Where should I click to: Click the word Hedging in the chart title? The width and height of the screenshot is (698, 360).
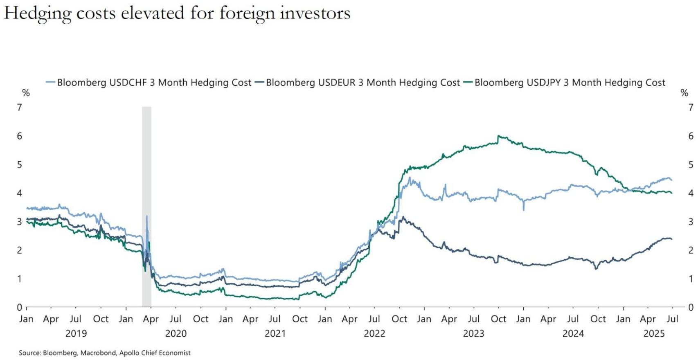38,13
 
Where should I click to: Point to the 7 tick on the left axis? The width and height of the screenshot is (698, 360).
19,108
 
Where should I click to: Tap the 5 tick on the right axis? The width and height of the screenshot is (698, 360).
691,164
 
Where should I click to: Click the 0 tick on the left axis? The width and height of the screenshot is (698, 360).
19,307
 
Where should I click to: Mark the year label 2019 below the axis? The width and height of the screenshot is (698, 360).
76,334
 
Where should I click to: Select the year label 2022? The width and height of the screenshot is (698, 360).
374,334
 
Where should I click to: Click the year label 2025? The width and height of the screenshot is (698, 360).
654,334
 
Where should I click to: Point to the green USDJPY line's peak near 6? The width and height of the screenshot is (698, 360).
498,136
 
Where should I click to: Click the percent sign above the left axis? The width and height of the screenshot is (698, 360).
26,93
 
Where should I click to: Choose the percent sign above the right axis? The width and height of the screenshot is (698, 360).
684,93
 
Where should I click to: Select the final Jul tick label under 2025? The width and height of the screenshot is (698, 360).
672,319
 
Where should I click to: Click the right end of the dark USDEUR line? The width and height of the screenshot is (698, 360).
672,239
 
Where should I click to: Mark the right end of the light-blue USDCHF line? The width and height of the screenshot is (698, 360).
672,180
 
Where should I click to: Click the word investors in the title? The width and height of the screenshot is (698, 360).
315,13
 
